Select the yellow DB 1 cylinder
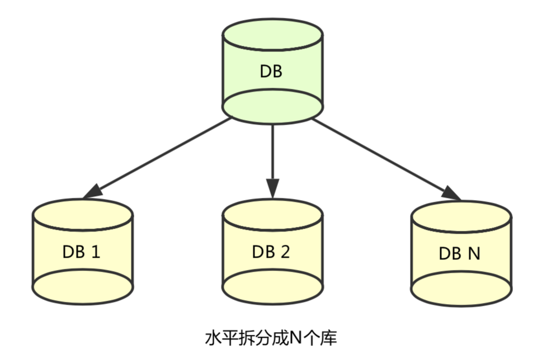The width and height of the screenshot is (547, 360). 82,252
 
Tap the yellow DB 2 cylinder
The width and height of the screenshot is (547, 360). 272,252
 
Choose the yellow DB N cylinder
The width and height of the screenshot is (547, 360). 460,253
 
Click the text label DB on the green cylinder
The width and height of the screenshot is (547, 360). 272,72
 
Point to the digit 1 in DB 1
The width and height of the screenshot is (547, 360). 95,252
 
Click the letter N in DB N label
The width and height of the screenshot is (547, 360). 473,253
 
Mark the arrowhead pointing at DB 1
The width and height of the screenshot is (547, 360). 93,192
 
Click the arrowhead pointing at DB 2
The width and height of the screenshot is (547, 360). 272,189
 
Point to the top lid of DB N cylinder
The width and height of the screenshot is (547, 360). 460,216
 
